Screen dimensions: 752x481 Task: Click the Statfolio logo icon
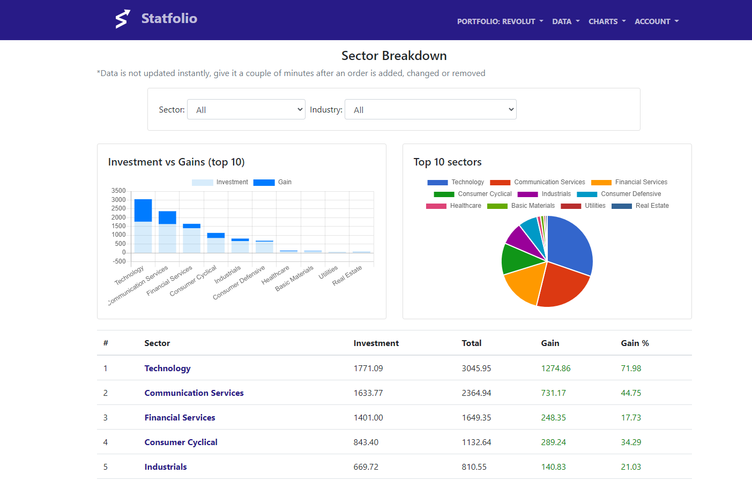click(123, 19)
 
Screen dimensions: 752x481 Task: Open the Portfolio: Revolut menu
click(500, 21)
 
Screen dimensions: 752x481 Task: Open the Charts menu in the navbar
click(607, 21)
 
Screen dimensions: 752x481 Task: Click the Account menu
click(656, 21)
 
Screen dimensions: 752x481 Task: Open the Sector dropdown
click(246, 109)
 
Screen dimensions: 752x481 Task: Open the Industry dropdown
click(430, 109)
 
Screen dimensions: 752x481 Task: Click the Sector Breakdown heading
click(394, 56)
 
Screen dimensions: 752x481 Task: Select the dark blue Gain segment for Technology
click(143, 211)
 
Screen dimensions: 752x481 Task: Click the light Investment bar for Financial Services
click(191, 240)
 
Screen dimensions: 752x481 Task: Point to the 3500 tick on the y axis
click(118, 191)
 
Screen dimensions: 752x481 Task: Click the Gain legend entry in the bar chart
click(272, 182)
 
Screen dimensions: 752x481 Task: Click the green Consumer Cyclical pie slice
click(518, 259)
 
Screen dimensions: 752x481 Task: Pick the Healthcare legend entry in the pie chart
click(453, 206)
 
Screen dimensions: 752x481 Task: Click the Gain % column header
click(635, 343)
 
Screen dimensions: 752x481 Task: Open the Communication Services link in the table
click(193, 393)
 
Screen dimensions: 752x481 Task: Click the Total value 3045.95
click(476, 369)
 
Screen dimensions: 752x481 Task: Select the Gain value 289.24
click(553, 442)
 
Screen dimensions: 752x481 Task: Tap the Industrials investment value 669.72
click(366, 467)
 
